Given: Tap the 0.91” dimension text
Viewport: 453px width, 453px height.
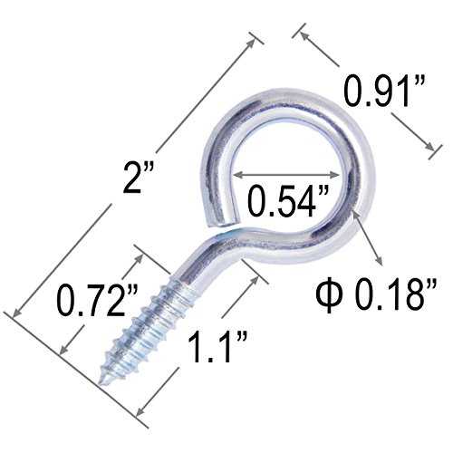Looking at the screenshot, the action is tap(385, 92).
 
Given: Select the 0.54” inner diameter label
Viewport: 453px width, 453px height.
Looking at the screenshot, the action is tap(287, 202).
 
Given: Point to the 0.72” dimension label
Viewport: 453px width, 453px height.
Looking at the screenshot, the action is tap(98, 301).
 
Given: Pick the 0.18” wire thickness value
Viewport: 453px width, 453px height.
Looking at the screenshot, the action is tap(396, 294).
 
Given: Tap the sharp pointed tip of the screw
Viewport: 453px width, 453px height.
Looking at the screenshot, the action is tap(101, 382).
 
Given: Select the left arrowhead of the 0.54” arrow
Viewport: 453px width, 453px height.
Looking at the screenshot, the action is tap(238, 175).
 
